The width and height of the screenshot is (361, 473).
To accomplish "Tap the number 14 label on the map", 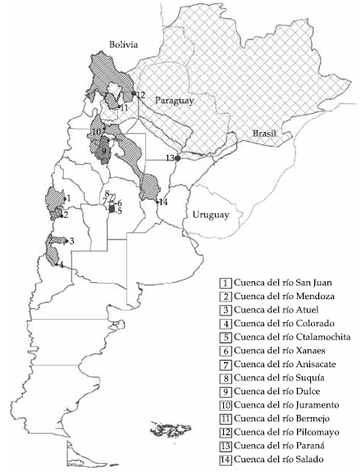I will click(163, 202).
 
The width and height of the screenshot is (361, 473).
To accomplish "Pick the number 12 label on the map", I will click(140, 95).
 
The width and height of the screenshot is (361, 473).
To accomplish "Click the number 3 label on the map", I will click(72, 241).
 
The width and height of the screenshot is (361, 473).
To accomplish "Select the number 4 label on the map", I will click(62, 264).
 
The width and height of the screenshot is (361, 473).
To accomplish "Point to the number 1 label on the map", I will click(69, 198).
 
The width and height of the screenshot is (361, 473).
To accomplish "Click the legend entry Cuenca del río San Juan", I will click(281, 284).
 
